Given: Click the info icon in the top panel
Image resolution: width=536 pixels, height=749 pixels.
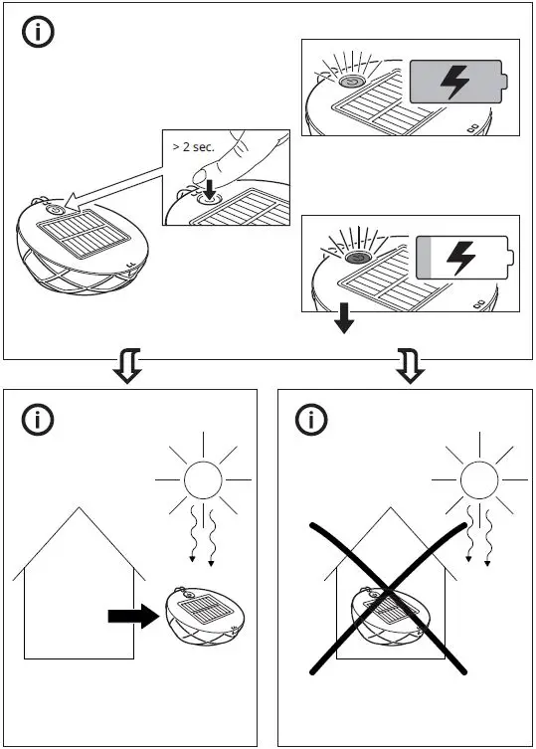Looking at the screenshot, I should point(38,32).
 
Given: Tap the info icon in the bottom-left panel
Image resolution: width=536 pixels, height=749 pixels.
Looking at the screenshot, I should point(38,420).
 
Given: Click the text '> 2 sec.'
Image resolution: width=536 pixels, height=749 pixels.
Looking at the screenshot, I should point(193,146).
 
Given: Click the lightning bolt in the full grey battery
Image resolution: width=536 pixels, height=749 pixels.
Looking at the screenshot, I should point(454,82).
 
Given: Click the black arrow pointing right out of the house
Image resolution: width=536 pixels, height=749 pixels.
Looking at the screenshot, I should point(133,617).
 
